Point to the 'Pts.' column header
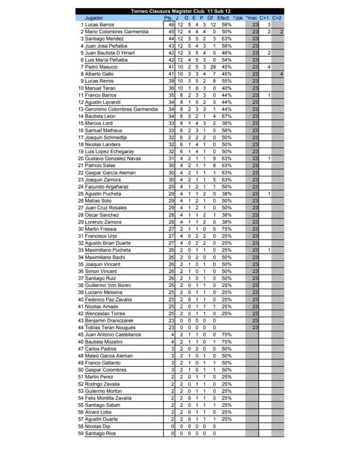coord(169,17)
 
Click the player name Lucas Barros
coord(100,25)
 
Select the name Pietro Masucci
coord(103,67)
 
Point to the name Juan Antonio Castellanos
coord(116,334)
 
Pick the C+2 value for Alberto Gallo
coord(280,73)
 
